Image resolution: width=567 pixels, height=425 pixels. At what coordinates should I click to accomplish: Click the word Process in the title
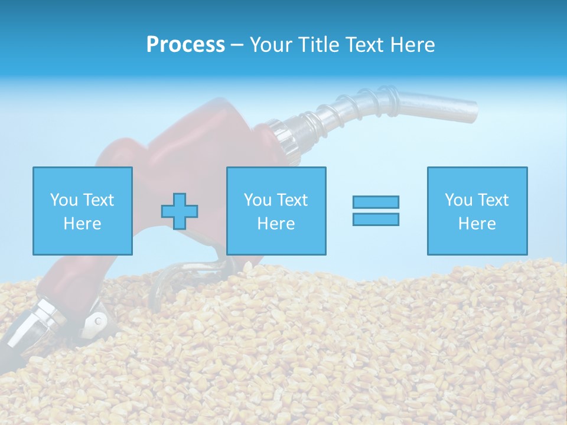click(185, 45)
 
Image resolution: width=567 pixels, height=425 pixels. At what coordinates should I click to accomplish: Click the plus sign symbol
click(180, 211)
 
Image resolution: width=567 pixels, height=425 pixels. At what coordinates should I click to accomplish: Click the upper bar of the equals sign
click(376, 202)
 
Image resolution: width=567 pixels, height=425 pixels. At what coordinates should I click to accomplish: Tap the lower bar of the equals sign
click(376, 219)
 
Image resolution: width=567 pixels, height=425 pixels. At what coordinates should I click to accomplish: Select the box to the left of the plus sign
click(82, 211)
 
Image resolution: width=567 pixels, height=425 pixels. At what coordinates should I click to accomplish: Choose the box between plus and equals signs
click(276, 211)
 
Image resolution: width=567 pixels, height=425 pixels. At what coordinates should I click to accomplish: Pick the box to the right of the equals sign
click(477, 211)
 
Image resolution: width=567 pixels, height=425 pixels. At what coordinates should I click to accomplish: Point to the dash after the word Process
click(237, 45)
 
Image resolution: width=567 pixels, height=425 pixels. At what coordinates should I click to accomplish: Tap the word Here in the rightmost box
click(477, 223)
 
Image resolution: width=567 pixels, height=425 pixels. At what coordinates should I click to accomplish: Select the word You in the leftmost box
click(64, 200)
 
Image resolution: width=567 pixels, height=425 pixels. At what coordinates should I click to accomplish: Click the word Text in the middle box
click(292, 200)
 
